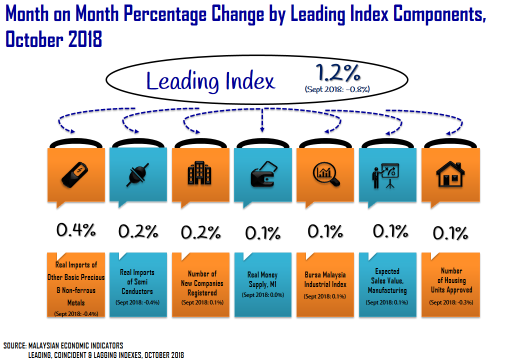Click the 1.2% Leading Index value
pyautogui.click(x=338, y=74)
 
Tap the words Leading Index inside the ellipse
pyautogui.click(x=210, y=81)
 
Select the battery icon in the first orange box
pyautogui.click(x=76, y=173)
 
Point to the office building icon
pyautogui.click(x=199, y=173)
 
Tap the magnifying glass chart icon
pyautogui.click(x=325, y=173)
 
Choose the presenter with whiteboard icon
pyautogui.click(x=385, y=175)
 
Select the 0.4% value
pyautogui.click(x=76, y=230)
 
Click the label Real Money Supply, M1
pyautogui.click(x=262, y=280)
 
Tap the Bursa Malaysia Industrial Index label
pyautogui.click(x=325, y=280)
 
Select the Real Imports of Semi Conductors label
pyautogui.click(x=137, y=282)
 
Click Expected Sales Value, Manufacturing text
pyautogui.click(x=387, y=281)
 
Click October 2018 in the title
pyautogui.click(x=54, y=39)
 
